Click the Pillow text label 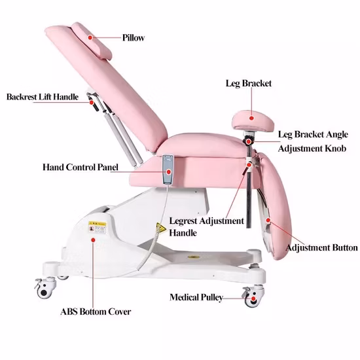click(133, 38)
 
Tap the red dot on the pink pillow click(90, 37)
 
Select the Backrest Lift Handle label click(43, 97)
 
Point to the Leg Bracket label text click(249, 83)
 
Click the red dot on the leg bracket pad click(251, 118)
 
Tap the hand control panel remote click(168, 170)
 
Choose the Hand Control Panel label click(81, 167)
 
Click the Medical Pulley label click(196, 297)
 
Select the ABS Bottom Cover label click(96, 312)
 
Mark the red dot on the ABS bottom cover click(93, 240)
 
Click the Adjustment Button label click(321, 247)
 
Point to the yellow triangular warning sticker click(161, 228)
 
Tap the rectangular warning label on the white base click(98, 228)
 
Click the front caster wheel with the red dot click(253, 297)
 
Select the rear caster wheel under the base click(45, 287)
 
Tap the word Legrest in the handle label click(183, 221)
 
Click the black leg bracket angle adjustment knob click(248, 140)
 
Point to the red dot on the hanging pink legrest click(268, 221)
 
